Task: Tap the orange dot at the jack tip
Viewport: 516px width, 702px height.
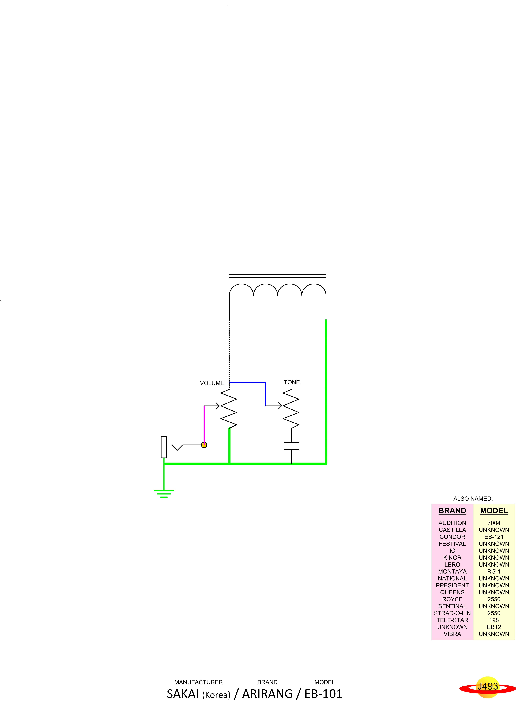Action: (204, 445)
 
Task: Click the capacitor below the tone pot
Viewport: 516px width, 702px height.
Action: (291, 446)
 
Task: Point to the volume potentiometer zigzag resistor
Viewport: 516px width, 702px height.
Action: (229, 409)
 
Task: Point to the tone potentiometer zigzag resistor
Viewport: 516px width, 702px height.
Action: (291, 409)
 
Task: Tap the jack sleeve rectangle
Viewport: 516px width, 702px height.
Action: (164, 447)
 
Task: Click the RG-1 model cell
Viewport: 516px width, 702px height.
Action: (494, 571)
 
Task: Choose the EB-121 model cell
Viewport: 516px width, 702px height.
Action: (494, 537)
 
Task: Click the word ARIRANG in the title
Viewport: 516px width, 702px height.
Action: (267, 694)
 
